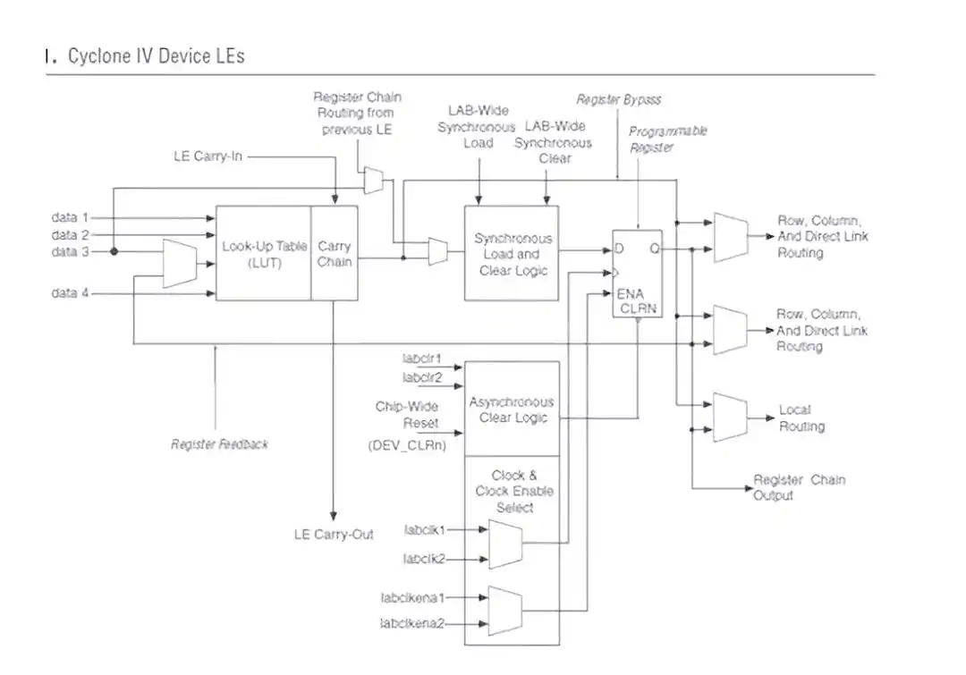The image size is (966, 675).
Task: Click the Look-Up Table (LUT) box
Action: click(x=264, y=254)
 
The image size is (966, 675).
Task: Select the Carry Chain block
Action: click(x=335, y=254)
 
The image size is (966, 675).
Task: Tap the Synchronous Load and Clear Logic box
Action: click(x=512, y=254)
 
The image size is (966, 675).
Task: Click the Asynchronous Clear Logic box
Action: click(x=512, y=409)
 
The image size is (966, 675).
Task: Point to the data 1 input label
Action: click(x=71, y=218)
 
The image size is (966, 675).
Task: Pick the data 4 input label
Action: click(x=71, y=293)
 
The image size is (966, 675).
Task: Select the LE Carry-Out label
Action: click(x=334, y=535)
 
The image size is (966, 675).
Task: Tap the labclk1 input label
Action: click(x=424, y=529)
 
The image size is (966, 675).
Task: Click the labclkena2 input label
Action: click(x=411, y=622)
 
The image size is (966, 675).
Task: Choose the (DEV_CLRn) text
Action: click(x=407, y=444)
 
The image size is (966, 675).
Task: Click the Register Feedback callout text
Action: click(x=219, y=444)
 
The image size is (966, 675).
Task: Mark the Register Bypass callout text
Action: click(x=618, y=100)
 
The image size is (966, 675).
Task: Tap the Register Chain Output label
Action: click(x=798, y=487)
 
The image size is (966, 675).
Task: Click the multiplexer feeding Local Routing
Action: click(x=730, y=417)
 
